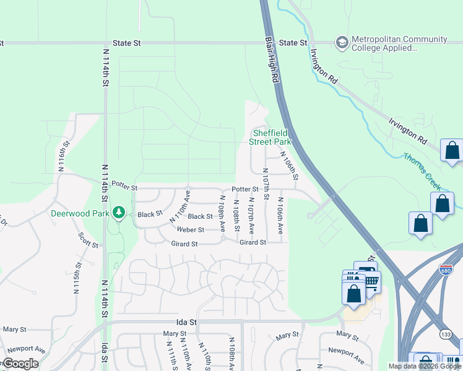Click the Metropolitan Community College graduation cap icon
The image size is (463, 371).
pyautogui.click(x=341, y=43)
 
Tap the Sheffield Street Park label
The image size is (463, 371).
pyautogui.click(x=270, y=137)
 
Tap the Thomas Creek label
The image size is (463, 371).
pyautogui.click(x=426, y=166)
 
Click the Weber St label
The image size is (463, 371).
pyautogui.click(x=191, y=229)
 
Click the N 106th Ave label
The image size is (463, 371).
pyautogui.click(x=280, y=215)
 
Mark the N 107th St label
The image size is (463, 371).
pyautogui.click(x=266, y=184)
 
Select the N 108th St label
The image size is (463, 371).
pyautogui.click(x=236, y=215)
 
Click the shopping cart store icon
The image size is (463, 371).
pyautogui.click(x=371, y=281)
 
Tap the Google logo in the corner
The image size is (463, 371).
pyautogui.click(x=20, y=364)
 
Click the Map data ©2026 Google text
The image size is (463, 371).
pyautogui.click(x=424, y=366)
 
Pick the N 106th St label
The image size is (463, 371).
pyautogui.click(x=288, y=166)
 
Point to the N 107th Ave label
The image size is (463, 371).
pyautogui.click(x=251, y=215)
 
